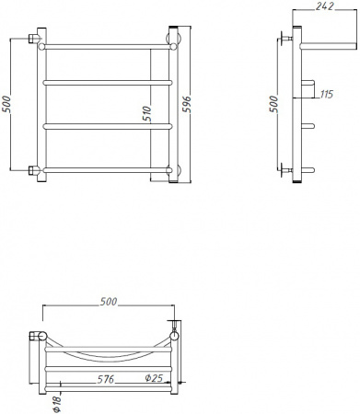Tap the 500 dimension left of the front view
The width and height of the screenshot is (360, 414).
coord(8,106)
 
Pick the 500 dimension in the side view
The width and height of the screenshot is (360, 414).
coord(273,106)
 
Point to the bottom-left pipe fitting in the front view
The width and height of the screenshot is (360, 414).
coord(36,169)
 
